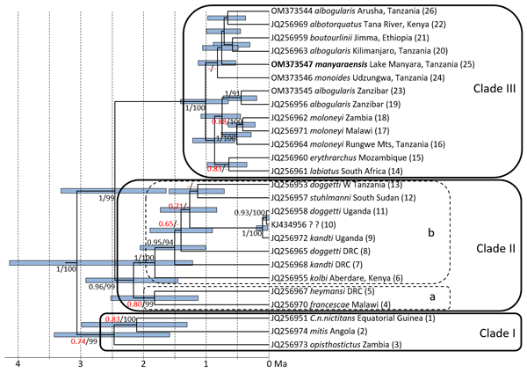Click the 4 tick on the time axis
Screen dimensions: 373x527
point(18,363)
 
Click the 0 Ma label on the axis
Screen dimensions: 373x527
point(278,363)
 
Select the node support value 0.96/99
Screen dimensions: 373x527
point(102,287)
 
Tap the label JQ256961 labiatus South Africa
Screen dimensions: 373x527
point(330,170)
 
